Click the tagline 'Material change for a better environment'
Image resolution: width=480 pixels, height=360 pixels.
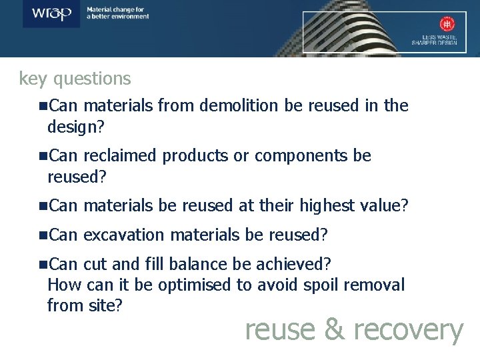pos(117,13)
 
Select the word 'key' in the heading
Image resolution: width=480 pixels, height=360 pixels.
pos(32,79)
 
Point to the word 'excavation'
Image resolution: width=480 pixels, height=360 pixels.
pos(125,235)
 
